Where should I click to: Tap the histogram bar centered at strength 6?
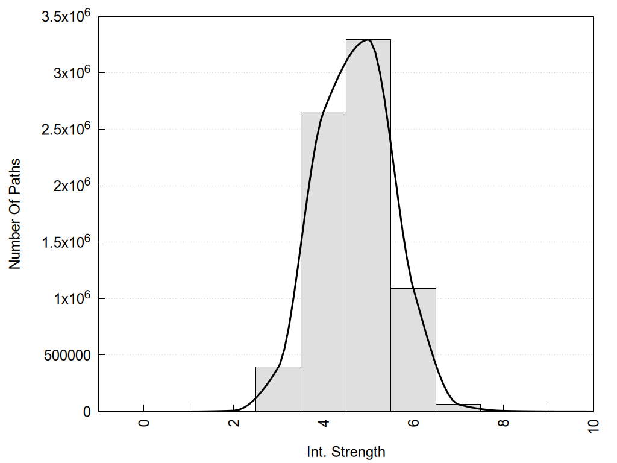[x=413, y=350]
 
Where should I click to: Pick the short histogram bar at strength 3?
[x=278, y=389]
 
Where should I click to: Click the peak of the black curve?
[x=367, y=40]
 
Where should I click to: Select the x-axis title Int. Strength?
[x=345, y=451]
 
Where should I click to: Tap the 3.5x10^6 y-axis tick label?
[x=66, y=16]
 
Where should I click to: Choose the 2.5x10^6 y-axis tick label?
[x=66, y=129]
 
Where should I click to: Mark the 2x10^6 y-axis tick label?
[x=71, y=186]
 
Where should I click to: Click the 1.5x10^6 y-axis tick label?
[x=66, y=242]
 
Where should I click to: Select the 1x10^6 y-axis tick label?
[x=71, y=298]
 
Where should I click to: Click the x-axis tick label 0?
[x=143, y=423]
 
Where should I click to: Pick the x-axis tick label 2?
[x=233, y=423]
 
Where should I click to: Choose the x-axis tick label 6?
[x=413, y=423]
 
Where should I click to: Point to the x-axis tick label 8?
[x=503, y=423]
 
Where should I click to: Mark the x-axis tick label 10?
[x=593, y=424]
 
